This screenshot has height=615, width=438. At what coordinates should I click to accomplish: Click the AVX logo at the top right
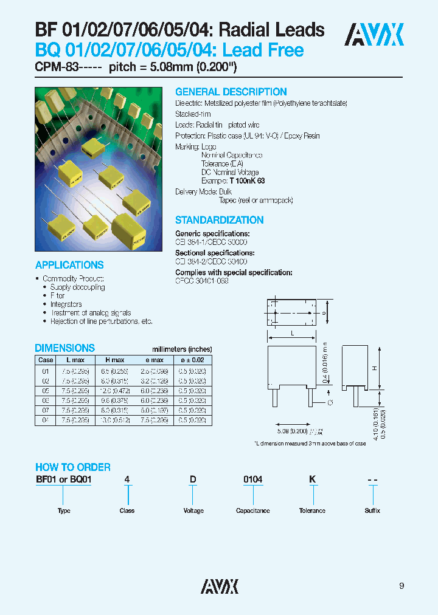pos(374,35)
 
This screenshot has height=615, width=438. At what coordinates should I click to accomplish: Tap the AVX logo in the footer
pos(220,585)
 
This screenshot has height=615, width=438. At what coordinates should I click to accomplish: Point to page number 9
pos(401,586)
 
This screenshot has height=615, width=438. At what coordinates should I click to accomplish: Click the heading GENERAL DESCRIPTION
pos(231,92)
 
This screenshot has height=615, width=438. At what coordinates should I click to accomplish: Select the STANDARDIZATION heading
pos(219,220)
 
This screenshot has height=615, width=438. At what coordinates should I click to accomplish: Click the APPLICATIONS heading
pos(69,265)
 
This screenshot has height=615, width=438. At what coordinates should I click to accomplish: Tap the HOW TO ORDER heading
pos(72,467)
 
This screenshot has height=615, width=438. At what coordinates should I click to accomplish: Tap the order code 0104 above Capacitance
pos(252,480)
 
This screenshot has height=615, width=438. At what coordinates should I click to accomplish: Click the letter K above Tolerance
pos(312,480)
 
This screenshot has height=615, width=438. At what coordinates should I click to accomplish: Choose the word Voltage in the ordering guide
pos(193,511)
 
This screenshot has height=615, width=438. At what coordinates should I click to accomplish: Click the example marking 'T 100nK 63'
pos(247,181)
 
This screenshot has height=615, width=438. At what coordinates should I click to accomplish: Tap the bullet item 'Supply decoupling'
pos(77,287)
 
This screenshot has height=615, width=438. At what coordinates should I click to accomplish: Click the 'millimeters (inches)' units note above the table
pos(181,349)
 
